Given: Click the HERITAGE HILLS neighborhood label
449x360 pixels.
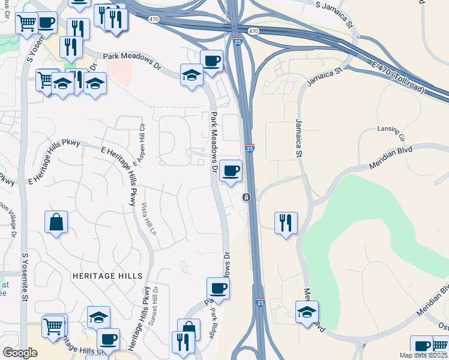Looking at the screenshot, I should pos(107,276).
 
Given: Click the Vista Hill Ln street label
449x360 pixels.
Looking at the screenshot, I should pos(148,218).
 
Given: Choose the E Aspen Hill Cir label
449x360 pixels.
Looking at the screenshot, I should pos(139,144).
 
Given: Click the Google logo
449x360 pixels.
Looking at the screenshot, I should pos(20,353).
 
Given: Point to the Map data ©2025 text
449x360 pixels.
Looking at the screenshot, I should pos(423,355).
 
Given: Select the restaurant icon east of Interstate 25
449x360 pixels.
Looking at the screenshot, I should pos(286,223).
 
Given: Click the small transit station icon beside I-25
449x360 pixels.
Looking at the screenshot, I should pos(246,197).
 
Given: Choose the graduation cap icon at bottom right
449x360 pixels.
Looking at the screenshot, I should pos(307,311).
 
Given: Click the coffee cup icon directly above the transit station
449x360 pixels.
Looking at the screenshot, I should pos(231,170).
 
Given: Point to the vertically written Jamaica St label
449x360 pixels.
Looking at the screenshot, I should pos(298,138).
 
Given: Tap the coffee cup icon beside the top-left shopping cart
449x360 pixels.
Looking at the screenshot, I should pos(46,23).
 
